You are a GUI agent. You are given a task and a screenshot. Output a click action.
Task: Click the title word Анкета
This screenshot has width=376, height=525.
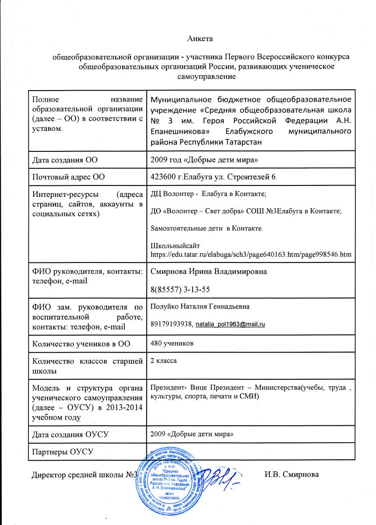click(x=200, y=39)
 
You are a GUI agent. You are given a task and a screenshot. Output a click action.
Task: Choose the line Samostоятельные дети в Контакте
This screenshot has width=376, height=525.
click(x=207, y=228)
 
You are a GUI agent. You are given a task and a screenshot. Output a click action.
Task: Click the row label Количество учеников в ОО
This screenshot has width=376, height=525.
click(x=81, y=343)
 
